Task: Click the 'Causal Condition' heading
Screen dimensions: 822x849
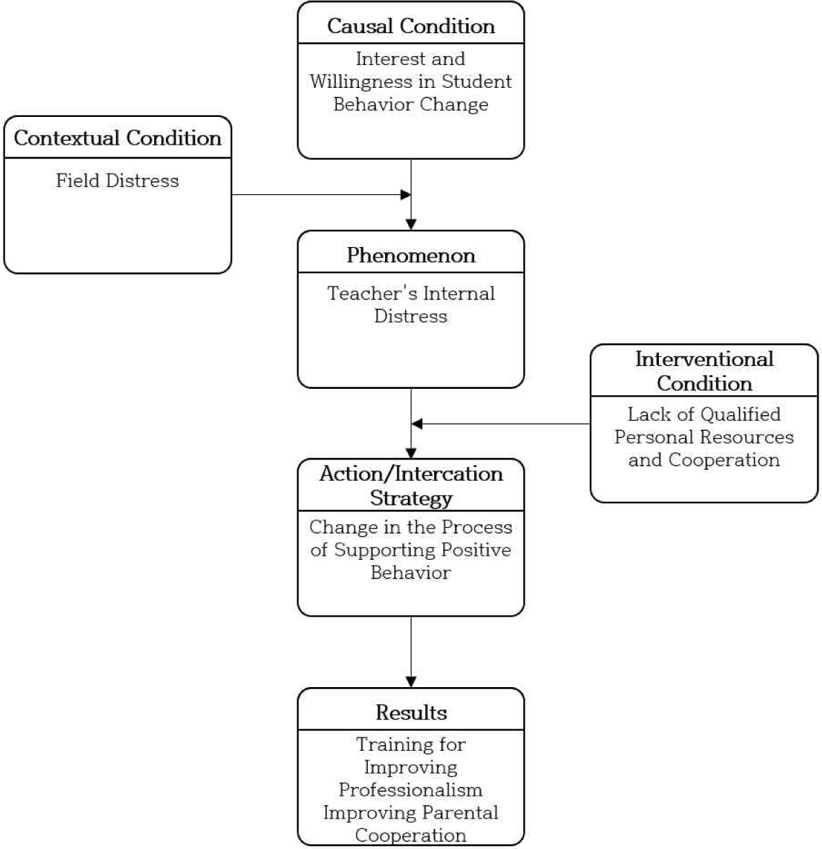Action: pos(411,26)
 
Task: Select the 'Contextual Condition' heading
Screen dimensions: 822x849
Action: pos(118,138)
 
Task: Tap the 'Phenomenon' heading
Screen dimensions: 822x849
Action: pos(411,255)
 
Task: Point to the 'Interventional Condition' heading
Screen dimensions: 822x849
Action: pos(704,372)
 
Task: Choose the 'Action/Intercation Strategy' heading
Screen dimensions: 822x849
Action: pos(411,486)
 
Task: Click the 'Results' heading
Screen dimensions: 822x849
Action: pos(411,713)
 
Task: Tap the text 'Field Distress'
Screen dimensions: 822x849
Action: pos(118,181)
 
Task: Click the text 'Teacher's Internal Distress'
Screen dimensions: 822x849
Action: pos(411,304)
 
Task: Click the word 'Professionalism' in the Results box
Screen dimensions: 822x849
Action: pos(411,790)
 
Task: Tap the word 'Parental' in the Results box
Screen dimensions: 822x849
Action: pos(460,813)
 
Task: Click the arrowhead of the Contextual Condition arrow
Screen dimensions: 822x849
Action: pos(406,194)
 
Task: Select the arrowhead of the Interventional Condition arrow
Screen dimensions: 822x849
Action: pos(417,423)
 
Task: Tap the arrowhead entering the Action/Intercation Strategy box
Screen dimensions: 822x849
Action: pos(411,453)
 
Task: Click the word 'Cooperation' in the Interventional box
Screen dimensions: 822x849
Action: pos(724,460)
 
